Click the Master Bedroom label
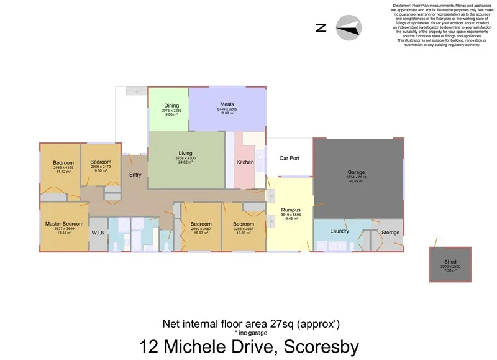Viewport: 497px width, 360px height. (x=64, y=223)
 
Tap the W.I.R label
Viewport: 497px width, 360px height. (x=99, y=234)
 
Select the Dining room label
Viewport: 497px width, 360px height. (x=171, y=106)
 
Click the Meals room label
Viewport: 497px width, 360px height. (x=227, y=104)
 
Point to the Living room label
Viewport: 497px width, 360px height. (x=186, y=153)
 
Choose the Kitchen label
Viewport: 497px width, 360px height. (x=245, y=162)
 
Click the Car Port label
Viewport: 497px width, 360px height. (x=290, y=158)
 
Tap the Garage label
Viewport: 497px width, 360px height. (x=356, y=172)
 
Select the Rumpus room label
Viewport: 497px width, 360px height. (x=291, y=210)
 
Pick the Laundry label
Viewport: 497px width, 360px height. (x=339, y=231)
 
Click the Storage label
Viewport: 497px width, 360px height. (x=390, y=233)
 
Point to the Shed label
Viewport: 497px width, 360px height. (x=450, y=262)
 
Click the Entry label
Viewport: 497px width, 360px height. (x=135, y=175)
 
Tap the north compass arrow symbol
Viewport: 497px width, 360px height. (x=349, y=29)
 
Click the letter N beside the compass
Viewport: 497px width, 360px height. (x=321, y=28)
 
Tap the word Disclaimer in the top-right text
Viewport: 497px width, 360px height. (x=406, y=5)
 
